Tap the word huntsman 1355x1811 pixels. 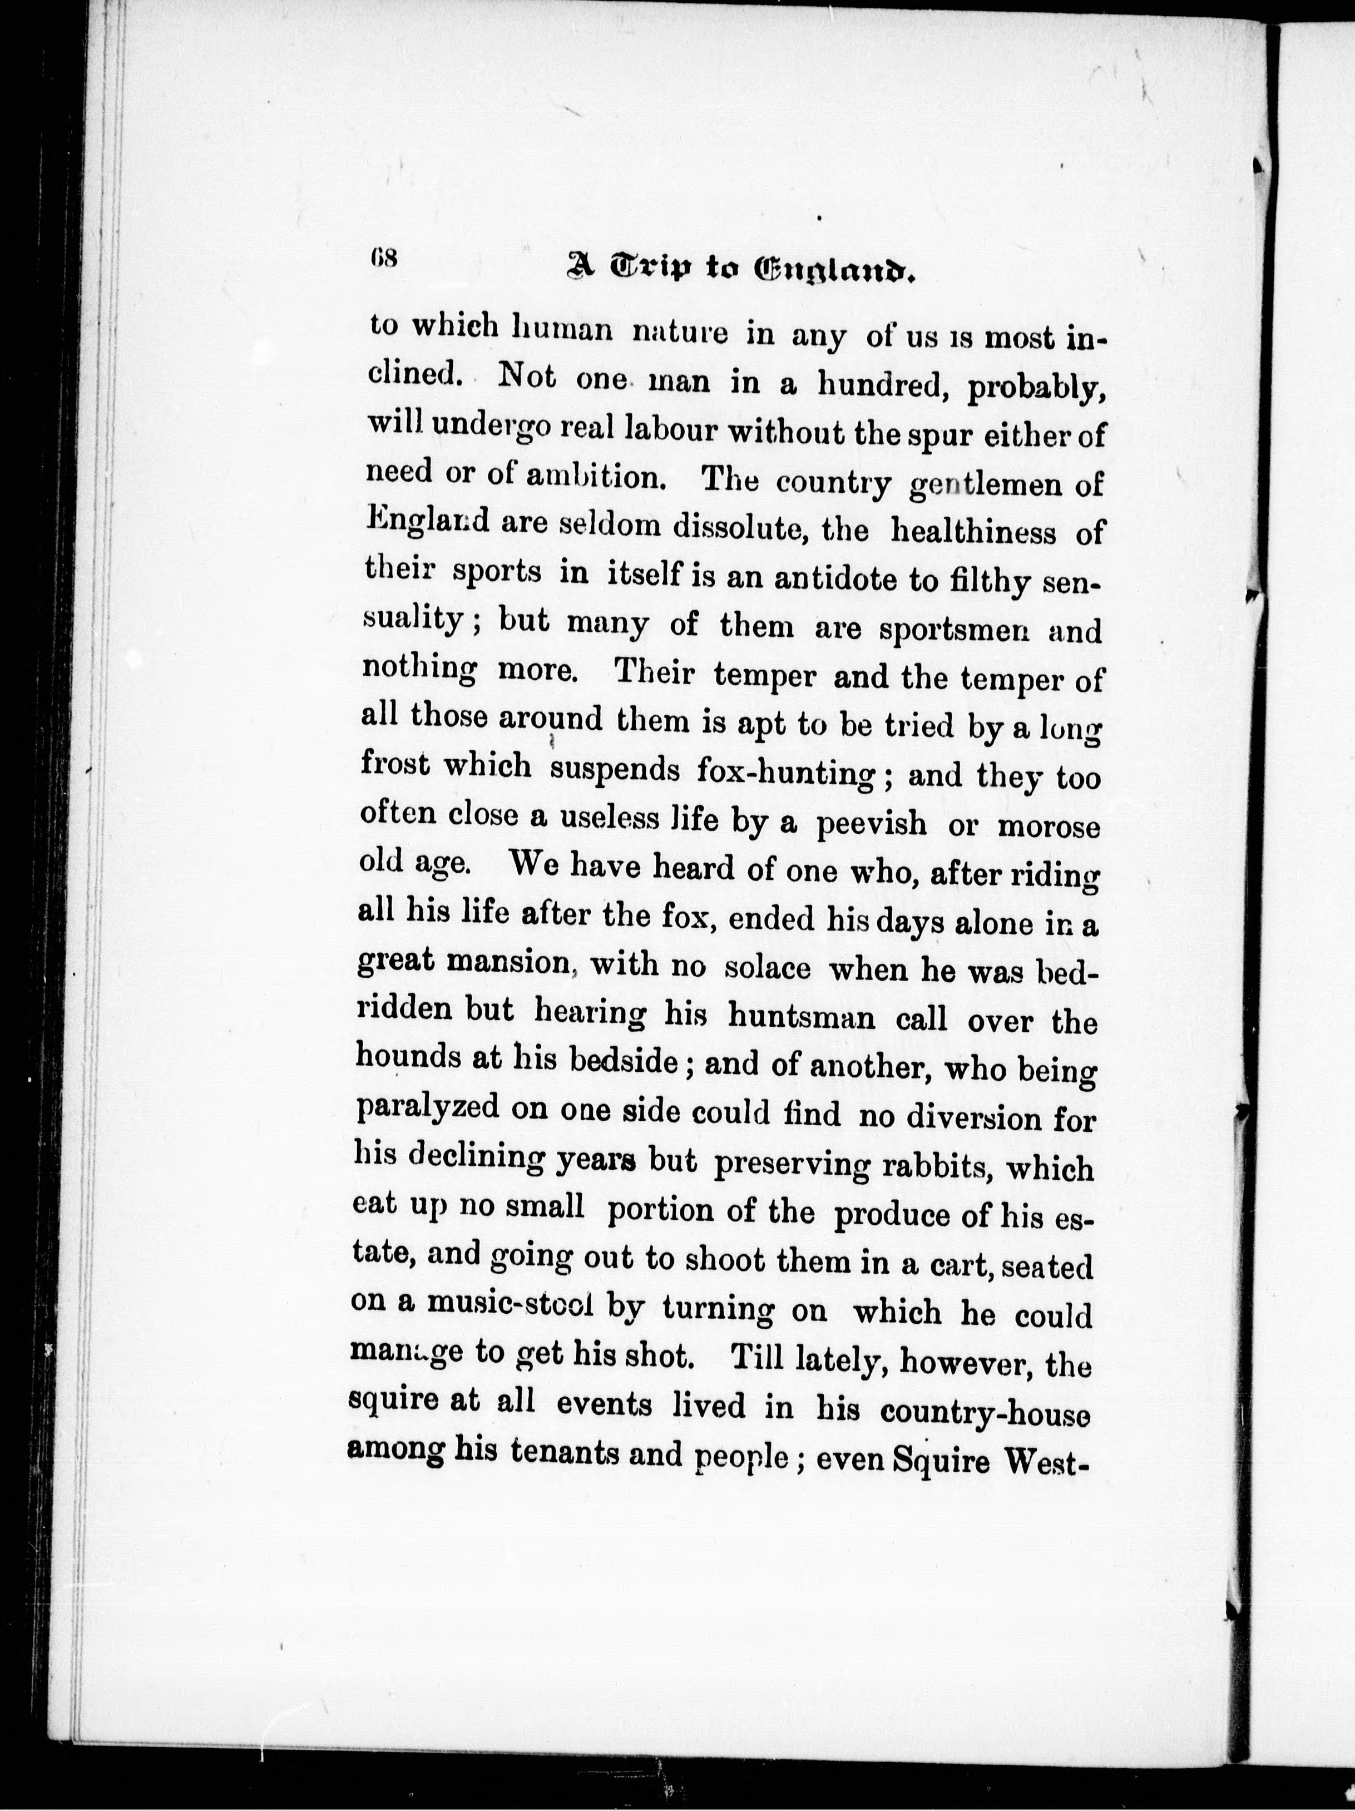[802, 1017]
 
